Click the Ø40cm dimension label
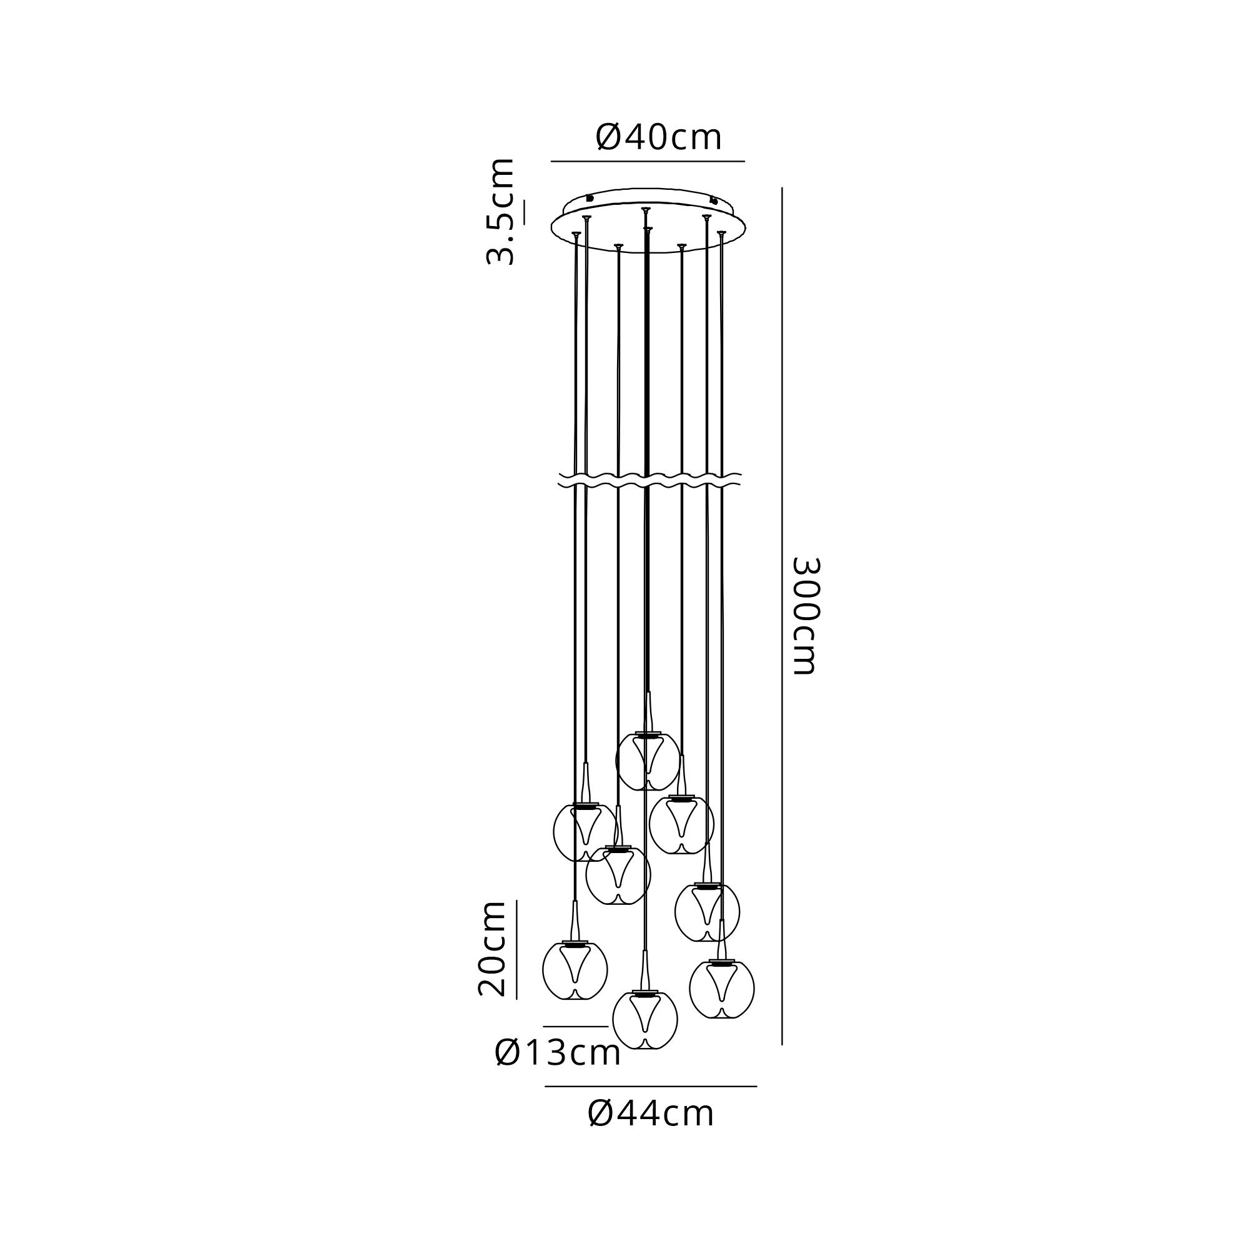658,137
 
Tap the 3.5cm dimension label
501,212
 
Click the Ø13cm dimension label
557,1070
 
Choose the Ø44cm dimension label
651,1132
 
